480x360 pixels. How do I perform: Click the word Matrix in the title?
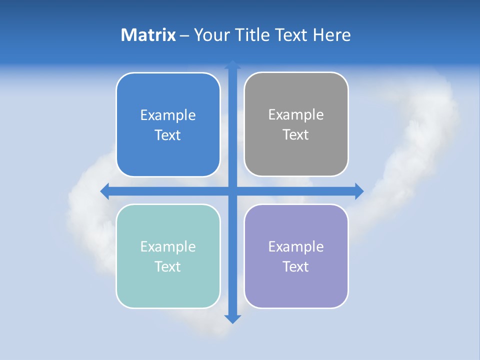(148, 35)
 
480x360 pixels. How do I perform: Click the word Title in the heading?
(253, 35)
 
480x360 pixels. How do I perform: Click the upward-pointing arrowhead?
(232, 65)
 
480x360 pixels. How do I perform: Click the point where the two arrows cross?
(232, 191)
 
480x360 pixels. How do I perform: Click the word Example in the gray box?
(296, 114)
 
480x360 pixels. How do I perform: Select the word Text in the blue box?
(168, 135)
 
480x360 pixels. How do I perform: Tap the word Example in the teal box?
(168, 246)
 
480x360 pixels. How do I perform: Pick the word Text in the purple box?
(296, 266)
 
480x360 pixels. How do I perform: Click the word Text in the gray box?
(296, 134)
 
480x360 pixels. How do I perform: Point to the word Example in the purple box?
(296, 246)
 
